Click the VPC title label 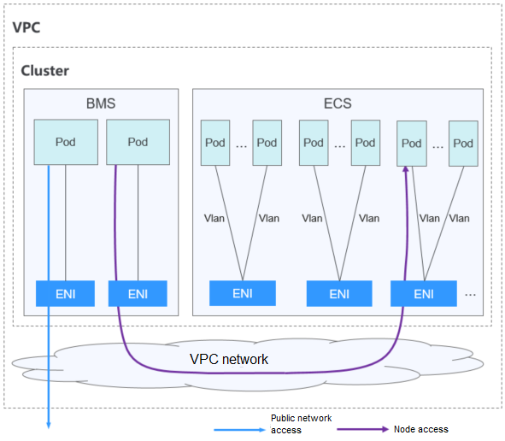pos(26,26)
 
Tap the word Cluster pos(45,70)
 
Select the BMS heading pos(100,103)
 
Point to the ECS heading pos(337,103)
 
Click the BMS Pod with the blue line pos(64,142)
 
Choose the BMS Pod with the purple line pos(138,142)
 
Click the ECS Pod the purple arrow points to pos(412,143)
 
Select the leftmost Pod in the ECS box pos(215,143)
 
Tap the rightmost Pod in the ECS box pos(462,143)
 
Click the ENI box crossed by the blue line pos(64,293)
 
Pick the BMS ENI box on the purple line pos(138,293)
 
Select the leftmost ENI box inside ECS pos(243,293)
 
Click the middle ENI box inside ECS pos(339,293)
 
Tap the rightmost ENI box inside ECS pos(423,293)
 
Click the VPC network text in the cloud pos(228,359)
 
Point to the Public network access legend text pos(301,424)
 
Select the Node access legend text pos(420,429)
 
